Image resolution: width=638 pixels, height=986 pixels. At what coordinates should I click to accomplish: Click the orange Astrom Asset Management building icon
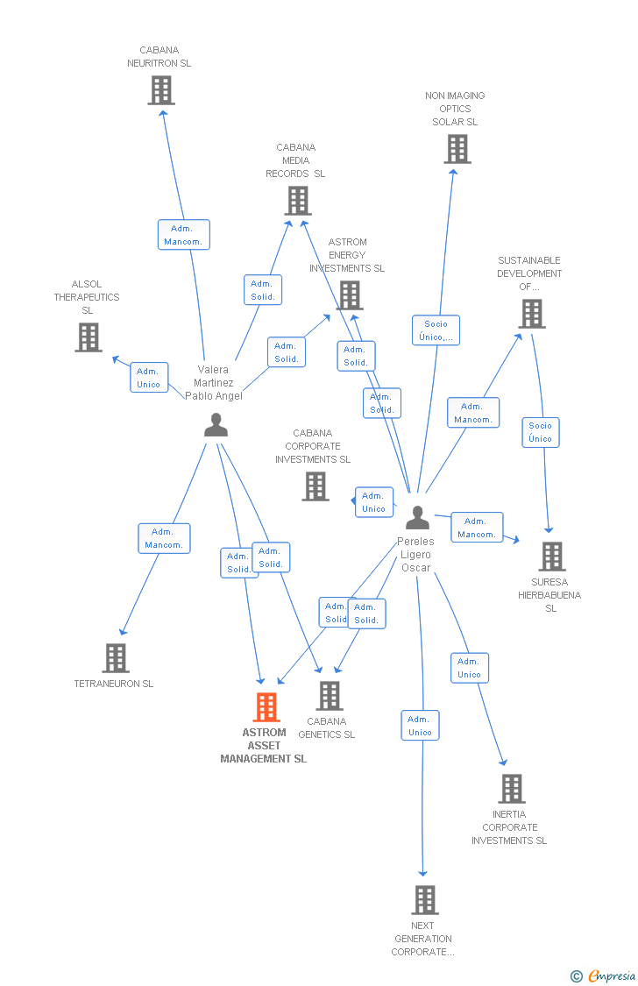266,706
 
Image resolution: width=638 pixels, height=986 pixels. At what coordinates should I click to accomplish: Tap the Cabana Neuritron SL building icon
161,90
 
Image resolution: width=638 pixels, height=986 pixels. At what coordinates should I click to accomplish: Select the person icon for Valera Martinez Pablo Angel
216,425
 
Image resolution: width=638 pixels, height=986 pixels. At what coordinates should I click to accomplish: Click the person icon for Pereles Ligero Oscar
417,518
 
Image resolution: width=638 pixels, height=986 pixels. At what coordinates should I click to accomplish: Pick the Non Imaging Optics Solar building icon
457,149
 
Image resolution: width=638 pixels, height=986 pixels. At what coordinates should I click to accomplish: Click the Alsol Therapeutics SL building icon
88,337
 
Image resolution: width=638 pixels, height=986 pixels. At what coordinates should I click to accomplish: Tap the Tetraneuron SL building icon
116,658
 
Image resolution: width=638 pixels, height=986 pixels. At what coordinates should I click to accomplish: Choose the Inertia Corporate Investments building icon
512,789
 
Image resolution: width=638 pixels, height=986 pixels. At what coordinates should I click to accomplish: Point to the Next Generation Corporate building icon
424,900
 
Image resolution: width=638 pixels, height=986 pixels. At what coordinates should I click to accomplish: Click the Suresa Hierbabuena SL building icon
551,557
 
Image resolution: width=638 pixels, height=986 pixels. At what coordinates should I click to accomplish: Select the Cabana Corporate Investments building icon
315,486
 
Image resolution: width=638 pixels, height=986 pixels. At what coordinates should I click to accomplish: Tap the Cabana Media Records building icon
298,201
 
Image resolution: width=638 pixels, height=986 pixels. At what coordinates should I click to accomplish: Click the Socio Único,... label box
436,330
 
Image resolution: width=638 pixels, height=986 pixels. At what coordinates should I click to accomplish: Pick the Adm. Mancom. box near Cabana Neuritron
183,235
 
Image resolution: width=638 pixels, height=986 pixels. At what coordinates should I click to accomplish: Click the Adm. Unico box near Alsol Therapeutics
149,378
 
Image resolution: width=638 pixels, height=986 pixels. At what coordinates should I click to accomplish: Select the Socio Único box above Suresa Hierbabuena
541,432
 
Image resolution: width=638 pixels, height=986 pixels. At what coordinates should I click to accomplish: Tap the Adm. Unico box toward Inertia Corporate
469,668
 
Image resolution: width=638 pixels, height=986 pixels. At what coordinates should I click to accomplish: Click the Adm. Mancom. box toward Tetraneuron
164,538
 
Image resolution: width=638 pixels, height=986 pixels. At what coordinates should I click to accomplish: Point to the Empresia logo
605,975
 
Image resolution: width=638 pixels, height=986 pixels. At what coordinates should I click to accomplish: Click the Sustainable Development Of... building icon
531,314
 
